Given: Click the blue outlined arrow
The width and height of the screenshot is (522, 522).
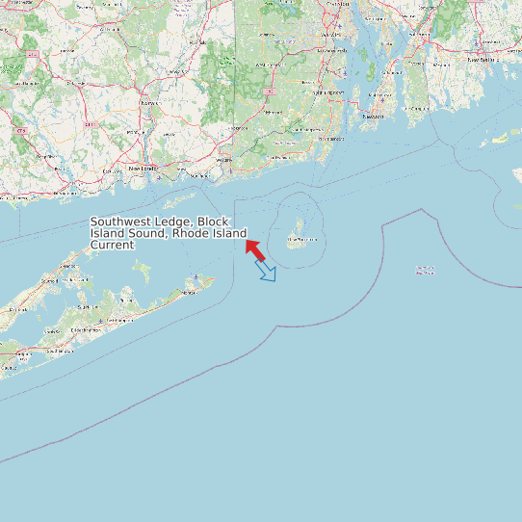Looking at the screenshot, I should [x=266, y=271].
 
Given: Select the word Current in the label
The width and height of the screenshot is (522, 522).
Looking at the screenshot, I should [x=112, y=246].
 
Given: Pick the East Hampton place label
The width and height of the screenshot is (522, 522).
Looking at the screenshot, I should [x=122, y=319].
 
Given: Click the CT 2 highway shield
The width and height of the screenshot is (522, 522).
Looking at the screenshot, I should [x=34, y=55].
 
